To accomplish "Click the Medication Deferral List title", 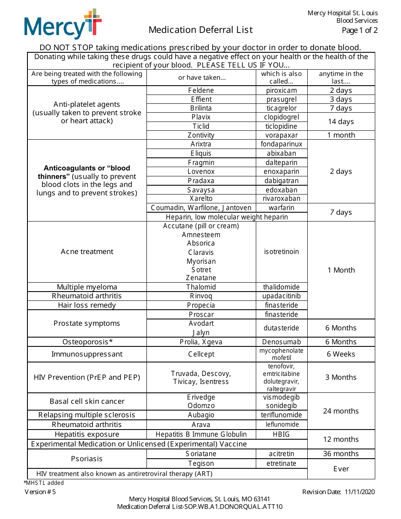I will click(x=200, y=30).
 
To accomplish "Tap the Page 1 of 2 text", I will click(x=360, y=30).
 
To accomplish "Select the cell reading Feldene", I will click(x=201, y=90).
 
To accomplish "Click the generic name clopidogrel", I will click(x=282, y=117).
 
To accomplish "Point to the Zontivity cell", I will click(x=201, y=135).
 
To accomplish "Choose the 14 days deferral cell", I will click(x=341, y=122).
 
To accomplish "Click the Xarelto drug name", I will click(x=201, y=198).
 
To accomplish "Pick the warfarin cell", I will click(x=282, y=208).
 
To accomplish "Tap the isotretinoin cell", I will click(x=282, y=251).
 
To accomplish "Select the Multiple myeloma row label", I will click(x=87, y=287).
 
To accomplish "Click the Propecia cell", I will click(x=201, y=305).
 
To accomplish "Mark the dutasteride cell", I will click(x=282, y=328).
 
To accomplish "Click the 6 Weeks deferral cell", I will click(x=341, y=354).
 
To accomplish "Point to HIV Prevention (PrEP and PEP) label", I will click(x=87, y=377).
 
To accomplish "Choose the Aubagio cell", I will click(x=201, y=415).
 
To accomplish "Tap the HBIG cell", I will click(x=282, y=434).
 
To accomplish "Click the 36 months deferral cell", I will click(x=341, y=454).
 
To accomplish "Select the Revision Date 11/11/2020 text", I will click(x=339, y=492).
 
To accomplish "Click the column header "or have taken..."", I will click(x=201, y=78).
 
